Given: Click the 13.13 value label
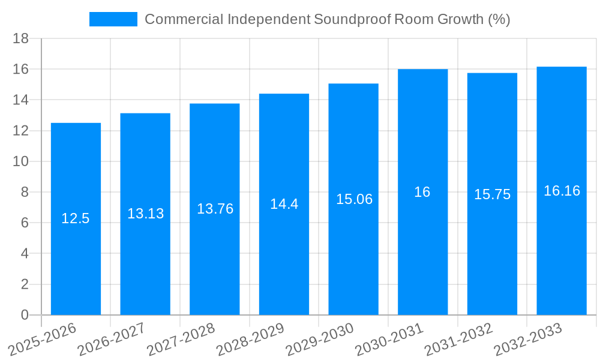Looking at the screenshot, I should (x=145, y=214).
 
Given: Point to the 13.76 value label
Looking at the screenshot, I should (x=215, y=209).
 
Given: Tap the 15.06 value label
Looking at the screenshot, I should (x=354, y=199).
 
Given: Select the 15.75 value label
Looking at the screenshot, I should (x=492, y=194).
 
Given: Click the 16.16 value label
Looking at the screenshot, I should (x=562, y=191).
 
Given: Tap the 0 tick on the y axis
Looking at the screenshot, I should (x=25, y=315).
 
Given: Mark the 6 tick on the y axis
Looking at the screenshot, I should (x=25, y=223).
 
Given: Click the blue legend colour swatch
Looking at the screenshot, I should (x=113, y=19).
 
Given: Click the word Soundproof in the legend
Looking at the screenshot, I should (x=352, y=19).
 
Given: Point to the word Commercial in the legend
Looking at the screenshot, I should (x=183, y=19).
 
